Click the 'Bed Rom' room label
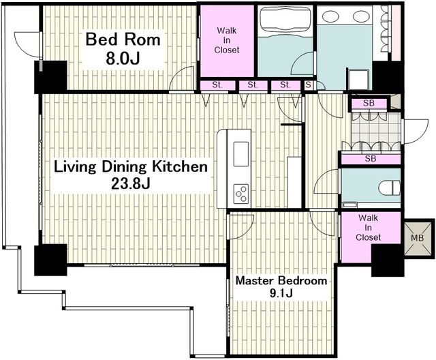point(123,40)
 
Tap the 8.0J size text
point(123,59)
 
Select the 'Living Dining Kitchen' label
point(131,167)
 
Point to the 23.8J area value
point(131,183)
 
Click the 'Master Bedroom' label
point(281,280)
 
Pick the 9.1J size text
point(281,293)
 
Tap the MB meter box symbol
point(420,239)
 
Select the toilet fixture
point(390,187)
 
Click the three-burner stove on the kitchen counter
point(240,194)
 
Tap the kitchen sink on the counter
point(240,154)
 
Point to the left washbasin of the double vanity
point(330,16)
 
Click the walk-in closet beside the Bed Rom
point(227,41)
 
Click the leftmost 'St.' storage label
point(217,85)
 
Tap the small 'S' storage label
point(308,85)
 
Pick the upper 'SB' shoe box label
point(369,103)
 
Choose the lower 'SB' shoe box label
point(371,159)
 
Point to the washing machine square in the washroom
point(358,78)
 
